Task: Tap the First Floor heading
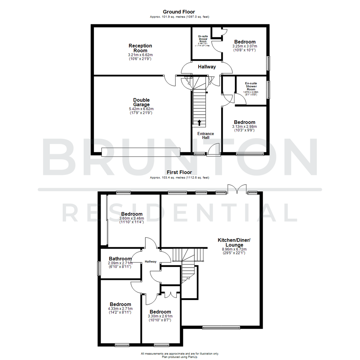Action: point(180,173)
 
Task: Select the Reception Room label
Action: point(140,48)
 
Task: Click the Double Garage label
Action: point(141,102)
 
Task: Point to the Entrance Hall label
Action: point(206,136)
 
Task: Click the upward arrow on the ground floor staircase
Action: point(199,122)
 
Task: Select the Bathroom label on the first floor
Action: point(120,259)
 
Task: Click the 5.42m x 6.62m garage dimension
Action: point(141,109)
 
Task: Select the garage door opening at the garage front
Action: point(141,152)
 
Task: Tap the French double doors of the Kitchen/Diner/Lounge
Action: point(237,189)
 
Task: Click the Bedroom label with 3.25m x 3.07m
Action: point(245,42)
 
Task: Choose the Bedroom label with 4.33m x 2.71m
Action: point(120,304)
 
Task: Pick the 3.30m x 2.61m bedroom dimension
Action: point(160,316)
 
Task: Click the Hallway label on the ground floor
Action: point(207,67)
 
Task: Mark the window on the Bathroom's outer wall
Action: point(99,268)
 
